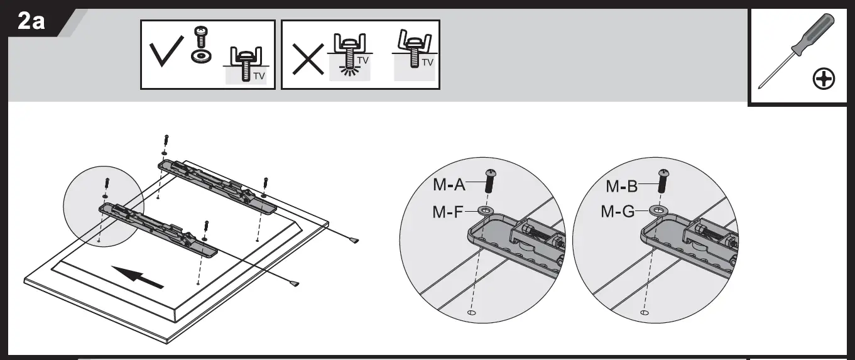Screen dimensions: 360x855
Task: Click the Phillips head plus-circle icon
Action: (824, 79)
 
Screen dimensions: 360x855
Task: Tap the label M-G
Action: (618, 212)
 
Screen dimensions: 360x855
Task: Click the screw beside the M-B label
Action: (662, 181)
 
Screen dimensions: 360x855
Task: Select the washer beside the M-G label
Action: (657, 210)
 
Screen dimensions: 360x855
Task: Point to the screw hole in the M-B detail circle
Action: (644, 312)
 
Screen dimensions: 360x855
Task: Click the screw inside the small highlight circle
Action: (107, 182)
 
